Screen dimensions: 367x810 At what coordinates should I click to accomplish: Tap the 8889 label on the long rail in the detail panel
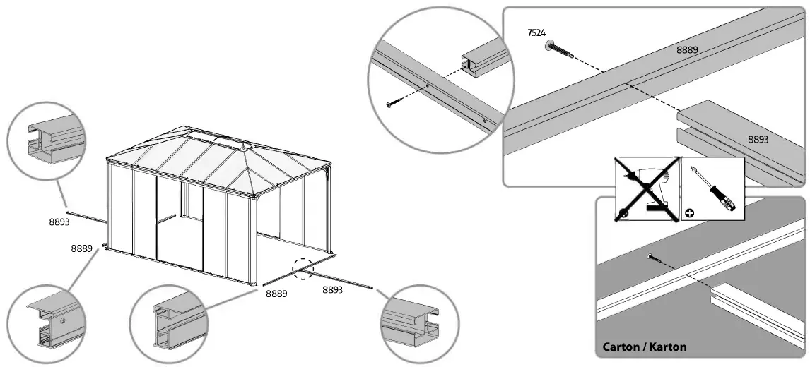(687, 49)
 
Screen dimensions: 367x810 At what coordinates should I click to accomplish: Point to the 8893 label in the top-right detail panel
(758, 140)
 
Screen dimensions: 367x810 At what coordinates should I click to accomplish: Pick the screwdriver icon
(712, 189)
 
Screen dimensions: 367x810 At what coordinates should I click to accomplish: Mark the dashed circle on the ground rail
(303, 268)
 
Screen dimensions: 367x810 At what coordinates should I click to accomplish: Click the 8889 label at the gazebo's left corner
(82, 248)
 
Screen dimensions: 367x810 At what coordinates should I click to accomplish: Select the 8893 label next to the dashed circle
(332, 289)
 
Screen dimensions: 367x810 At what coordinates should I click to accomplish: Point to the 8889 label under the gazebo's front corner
(276, 294)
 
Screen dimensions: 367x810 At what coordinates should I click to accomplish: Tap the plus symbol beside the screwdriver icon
(690, 212)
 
